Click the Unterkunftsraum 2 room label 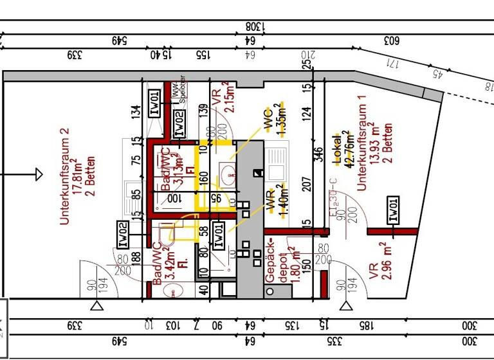click(64, 175)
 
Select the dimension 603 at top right click(392, 40)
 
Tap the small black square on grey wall click(258, 172)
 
